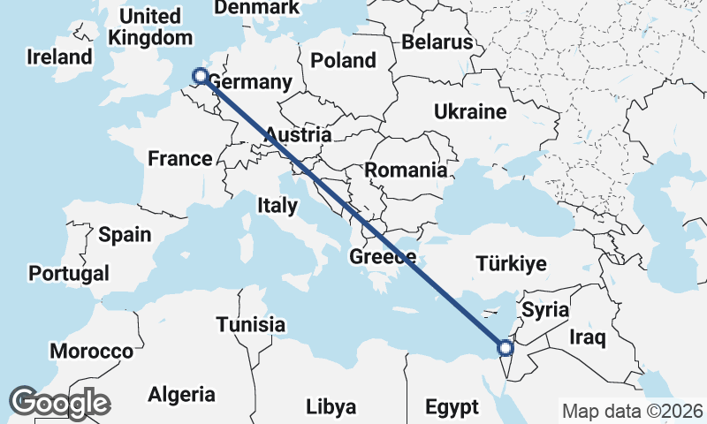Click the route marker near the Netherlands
pyautogui.click(x=200, y=77)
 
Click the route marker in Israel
pyautogui.click(x=503, y=347)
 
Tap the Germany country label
pyautogui.click(x=249, y=82)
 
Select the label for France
pyautogui.click(x=179, y=159)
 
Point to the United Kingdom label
pyautogui.click(x=150, y=27)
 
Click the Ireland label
pyautogui.click(x=59, y=57)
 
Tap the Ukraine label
pyautogui.click(x=469, y=112)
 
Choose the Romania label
pyautogui.click(x=406, y=170)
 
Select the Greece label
pyautogui.click(x=383, y=257)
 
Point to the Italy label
pyautogui.click(x=277, y=205)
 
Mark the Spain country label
pyautogui.click(x=125, y=235)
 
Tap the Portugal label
pyautogui.click(x=69, y=273)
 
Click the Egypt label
pyautogui.click(x=452, y=407)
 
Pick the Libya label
pyautogui.click(x=331, y=407)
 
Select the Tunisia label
pyautogui.click(x=251, y=324)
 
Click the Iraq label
pyautogui.click(x=586, y=337)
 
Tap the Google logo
pyautogui.click(x=59, y=403)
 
